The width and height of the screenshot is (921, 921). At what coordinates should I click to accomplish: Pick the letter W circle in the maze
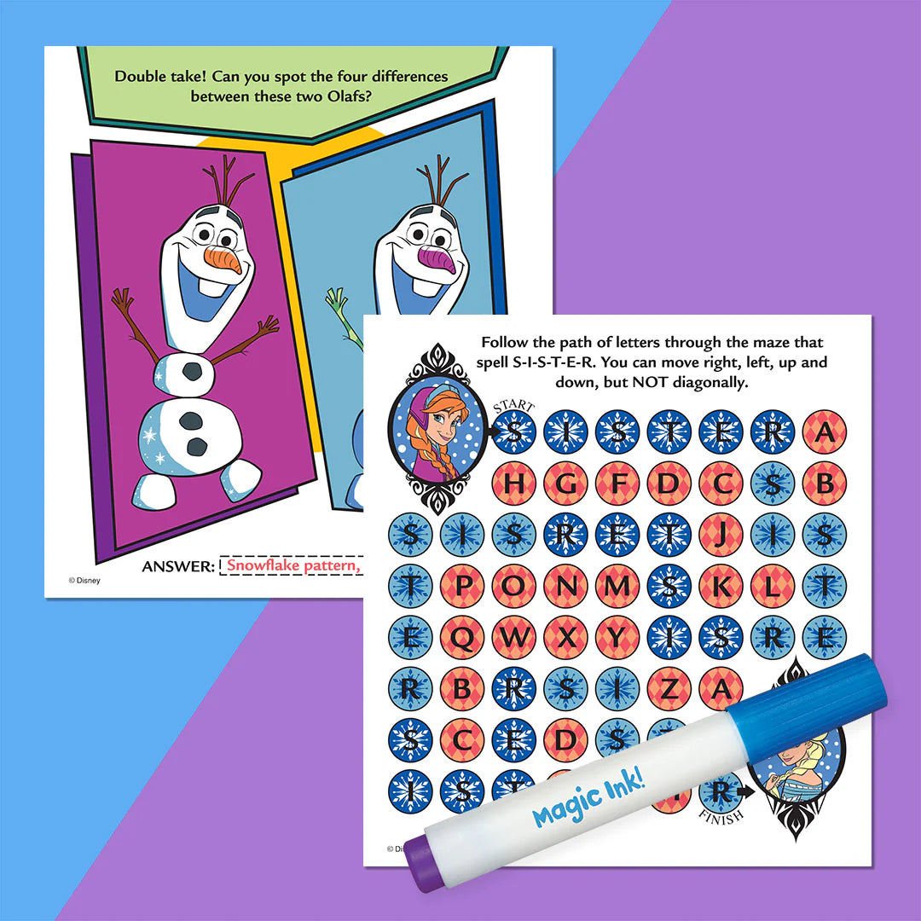pyautogui.click(x=513, y=636)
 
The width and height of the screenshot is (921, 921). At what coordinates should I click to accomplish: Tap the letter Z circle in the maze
pyautogui.click(x=668, y=687)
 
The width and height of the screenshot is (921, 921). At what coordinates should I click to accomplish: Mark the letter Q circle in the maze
pyautogui.click(x=461, y=636)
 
